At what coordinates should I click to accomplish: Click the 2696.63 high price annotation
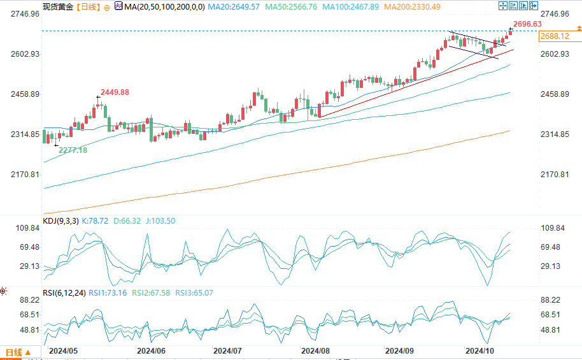tap(527, 24)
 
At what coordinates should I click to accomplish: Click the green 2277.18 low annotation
tap(73, 150)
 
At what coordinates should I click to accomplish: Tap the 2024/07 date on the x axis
tap(227, 350)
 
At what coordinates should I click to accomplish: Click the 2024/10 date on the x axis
tap(479, 350)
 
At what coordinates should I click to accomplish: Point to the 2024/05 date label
tap(63, 350)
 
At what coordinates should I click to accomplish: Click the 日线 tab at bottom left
tap(13, 352)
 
